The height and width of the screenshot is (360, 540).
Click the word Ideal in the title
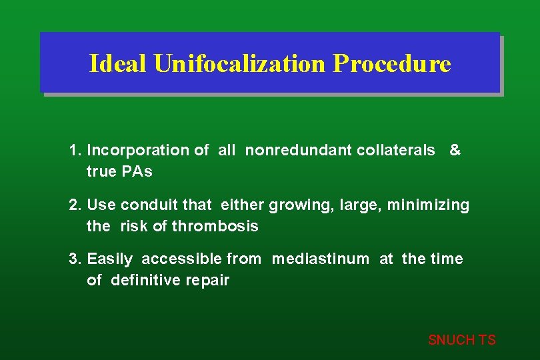pyautogui.click(x=118, y=64)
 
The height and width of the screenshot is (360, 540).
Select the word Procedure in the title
pyautogui.click(x=392, y=64)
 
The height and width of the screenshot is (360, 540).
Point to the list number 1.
pyautogui.click(x=75, y=151)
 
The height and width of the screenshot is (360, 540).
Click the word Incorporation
pyautogui.click(x=139, y=151)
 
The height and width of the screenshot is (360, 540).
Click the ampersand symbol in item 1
pyautogui.click(x=455, y=151)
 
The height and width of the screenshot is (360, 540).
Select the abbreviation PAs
pyautogui.click(x=137, y=172)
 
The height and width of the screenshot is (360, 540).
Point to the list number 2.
pyautogui.click(x=75, y=205)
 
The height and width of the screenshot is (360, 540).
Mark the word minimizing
pyautogui.click(x=433, y=205)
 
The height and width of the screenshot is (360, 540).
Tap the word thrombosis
pyautogui.click(x=215, y=226)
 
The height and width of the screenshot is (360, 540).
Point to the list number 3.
pyautogui.click(x=75, y=259)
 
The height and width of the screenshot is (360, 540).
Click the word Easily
pyautogui.click(x=110, y=259)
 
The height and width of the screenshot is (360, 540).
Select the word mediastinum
pyautogui.click(x=320, y=259)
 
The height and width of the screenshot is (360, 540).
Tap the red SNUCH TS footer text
pyautogui.click(x=461, y=340)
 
